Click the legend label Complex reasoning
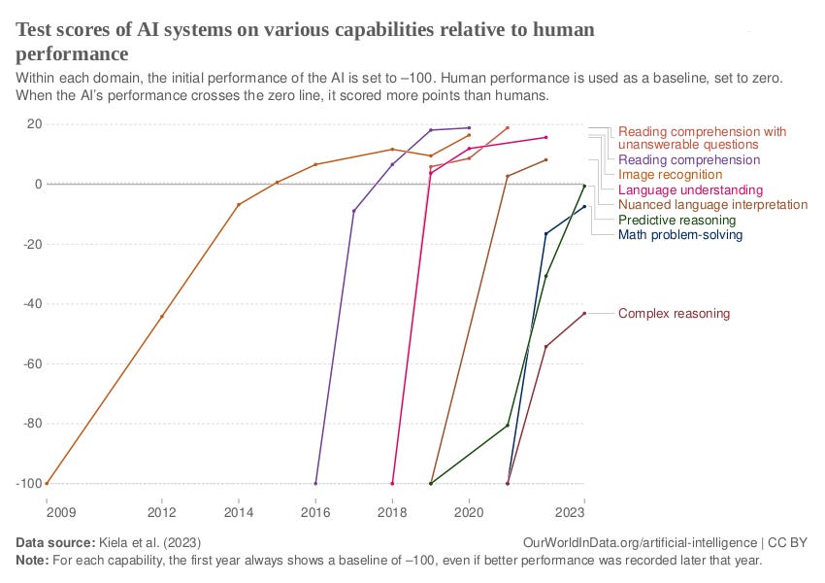click(674, 314)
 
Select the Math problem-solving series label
click(679, 235)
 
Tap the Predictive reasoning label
click(676, 221)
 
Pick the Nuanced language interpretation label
click(712, 205)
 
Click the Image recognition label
click(670, 175)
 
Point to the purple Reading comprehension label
click(688, 160)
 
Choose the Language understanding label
click(690, 190)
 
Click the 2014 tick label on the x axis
click(239, 512)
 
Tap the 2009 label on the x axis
click(47, 512)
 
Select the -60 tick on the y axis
click(31, 364)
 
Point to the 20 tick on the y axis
click(34, 124)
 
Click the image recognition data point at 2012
click(162, 316)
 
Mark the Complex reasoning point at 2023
click(584, 313)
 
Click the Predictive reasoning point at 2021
click(508, 425)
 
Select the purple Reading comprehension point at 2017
click(354, 211)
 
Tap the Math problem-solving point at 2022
click(545, 234)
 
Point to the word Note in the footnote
click(33, 561)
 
